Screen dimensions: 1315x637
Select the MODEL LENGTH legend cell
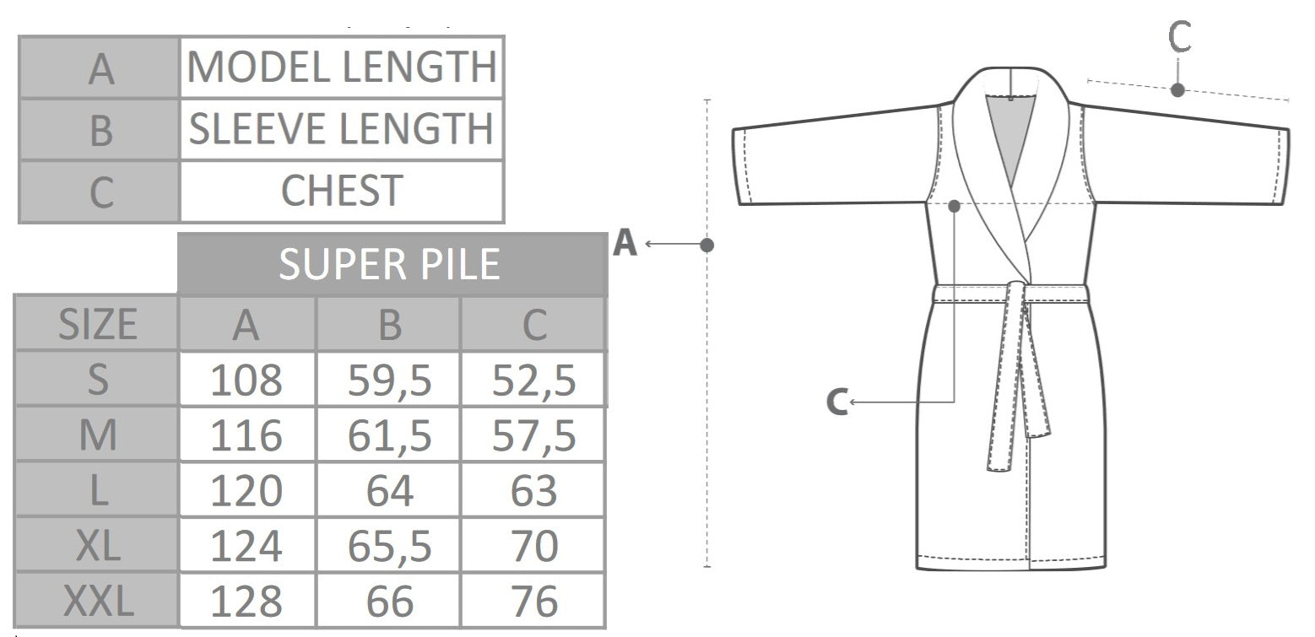[342, 67]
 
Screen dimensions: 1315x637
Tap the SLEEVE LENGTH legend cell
[342, 129]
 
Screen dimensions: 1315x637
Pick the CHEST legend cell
[342, 191]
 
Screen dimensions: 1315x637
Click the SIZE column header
[97, 323]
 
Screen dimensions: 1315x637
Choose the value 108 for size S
[246, 380]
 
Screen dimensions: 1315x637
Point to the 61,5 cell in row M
[389, 435]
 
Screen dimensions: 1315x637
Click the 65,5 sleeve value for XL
[389, 546]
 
